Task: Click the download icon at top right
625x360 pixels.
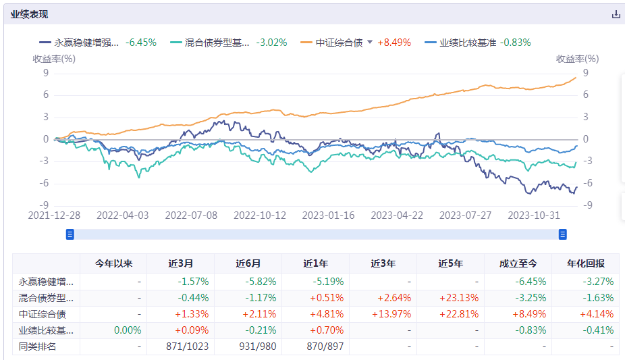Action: click(x=616, y=14)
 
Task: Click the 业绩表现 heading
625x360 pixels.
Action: click(x=29, y=14)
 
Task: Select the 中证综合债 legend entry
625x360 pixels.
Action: click(x=339, y=43)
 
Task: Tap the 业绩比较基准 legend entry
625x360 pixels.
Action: click(x=467, y=43)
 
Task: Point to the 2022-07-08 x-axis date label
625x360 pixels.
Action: click(x=192, y=215)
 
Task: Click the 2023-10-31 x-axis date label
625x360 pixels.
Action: click(x=534, y=215)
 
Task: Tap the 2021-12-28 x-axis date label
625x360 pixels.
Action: click(x=55, y=215)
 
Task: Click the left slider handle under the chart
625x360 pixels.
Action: click(x=70, y=234)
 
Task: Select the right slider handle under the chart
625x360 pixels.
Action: click(x=562, y=234)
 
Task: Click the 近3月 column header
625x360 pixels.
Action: click(x=180, y=263)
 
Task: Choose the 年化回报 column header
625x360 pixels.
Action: click(x=585, y=263)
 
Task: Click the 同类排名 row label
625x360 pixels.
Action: click(x=37, y=346)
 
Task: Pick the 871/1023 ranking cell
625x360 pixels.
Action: click(x=188, y=346)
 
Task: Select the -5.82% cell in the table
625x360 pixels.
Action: click(x=260, y=282)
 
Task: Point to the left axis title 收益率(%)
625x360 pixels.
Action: click(x=54, y=59)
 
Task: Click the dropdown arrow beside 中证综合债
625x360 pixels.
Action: click(x=370, y=43)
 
